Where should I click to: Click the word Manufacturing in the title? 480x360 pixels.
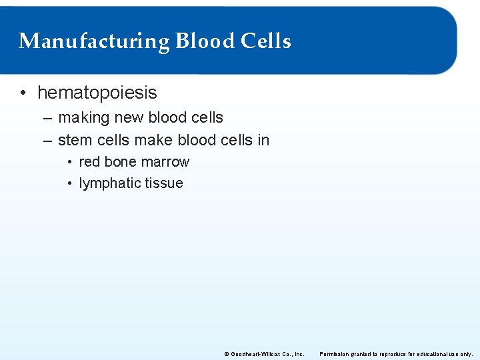pyautogui.click(x=94, y=41)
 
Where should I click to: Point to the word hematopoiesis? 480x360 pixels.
pyautogui.click(x=97, y=92)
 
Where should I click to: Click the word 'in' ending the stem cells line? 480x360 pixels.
pyautogui.click(x=263, y=140)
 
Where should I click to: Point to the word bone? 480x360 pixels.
pyautogui.click(x=120, y=162)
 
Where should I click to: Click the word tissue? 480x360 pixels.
pyautogui.click(x=165, y=183)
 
